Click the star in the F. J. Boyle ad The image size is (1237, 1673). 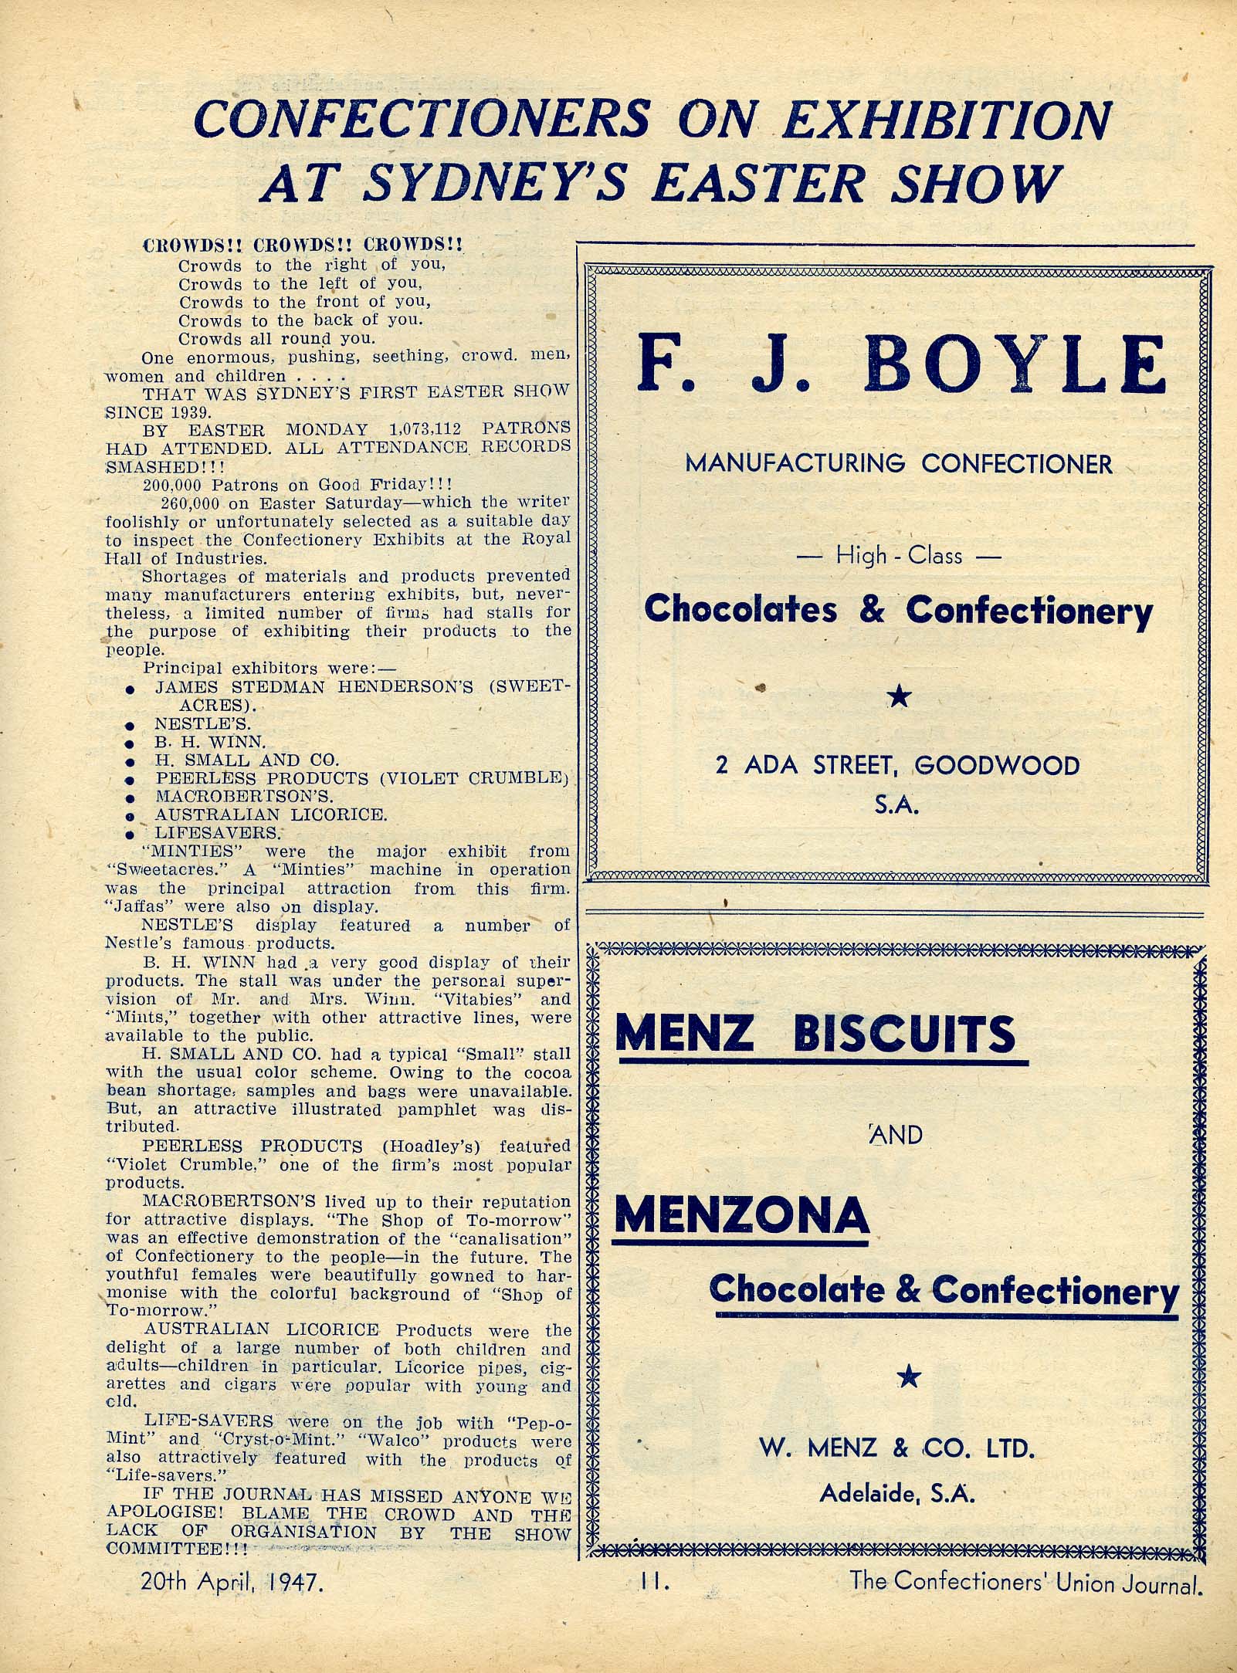click(899, 698)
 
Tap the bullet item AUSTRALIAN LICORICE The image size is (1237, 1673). click(271, 814)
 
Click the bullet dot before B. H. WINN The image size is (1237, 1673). click(130, 743)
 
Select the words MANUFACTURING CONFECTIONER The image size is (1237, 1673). click(899, 464)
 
